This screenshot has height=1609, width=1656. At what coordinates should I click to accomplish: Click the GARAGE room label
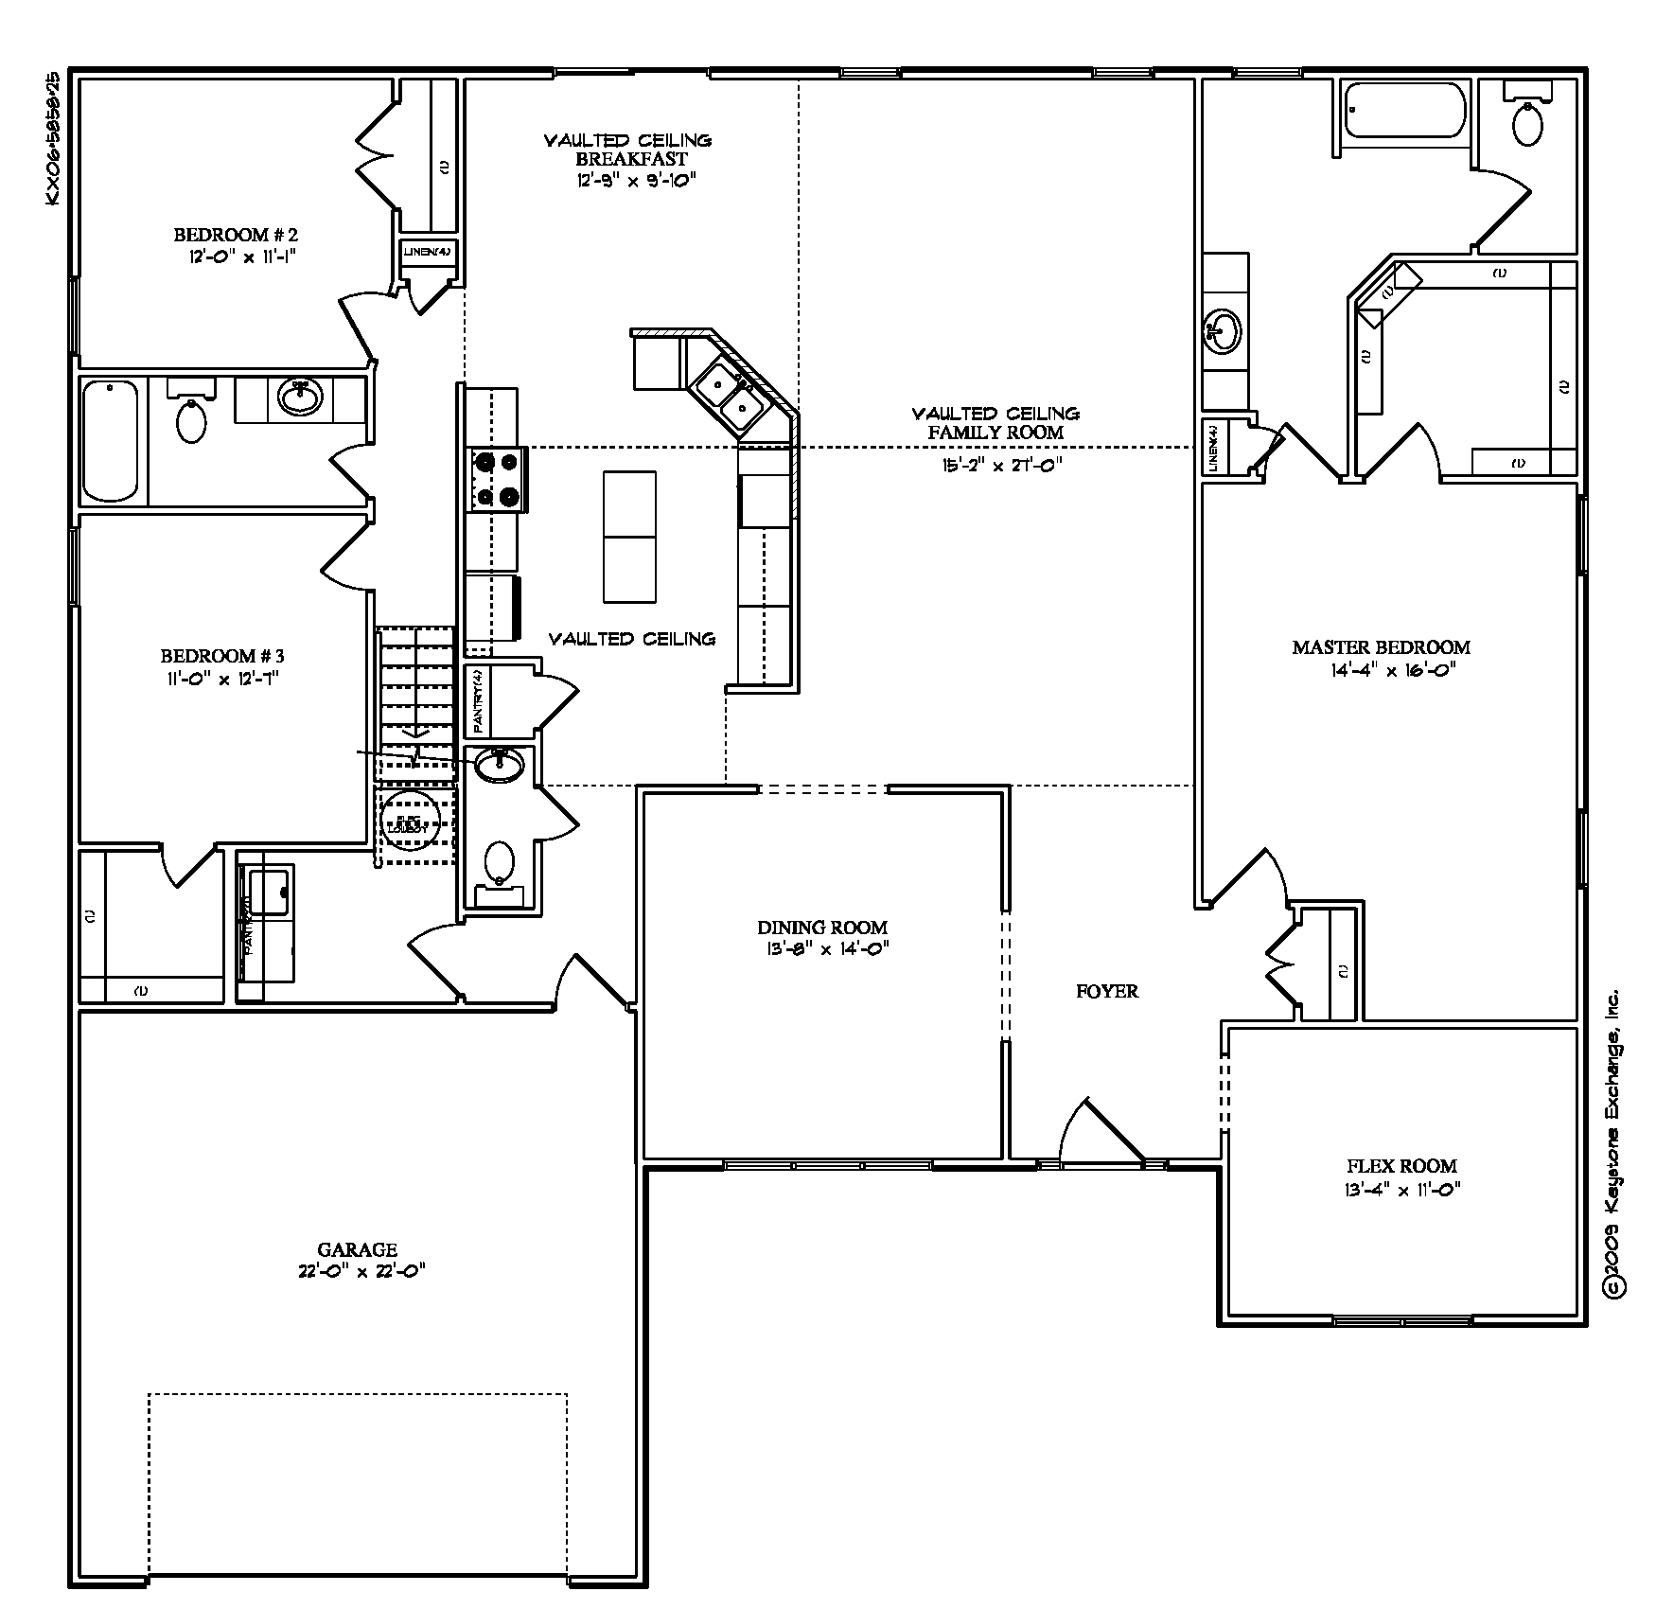[x=358, y=1249]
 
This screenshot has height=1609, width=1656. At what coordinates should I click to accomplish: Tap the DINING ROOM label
[x=822, y=928]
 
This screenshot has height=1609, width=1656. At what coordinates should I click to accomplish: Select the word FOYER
[x=1107, y=991]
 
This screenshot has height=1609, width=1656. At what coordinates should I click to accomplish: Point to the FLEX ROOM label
[x=1401, y=1166]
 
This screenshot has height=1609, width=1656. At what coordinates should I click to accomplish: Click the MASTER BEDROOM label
[x=1381, y=647]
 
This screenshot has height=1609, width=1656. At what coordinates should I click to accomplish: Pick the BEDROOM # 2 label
[x=237, y=235]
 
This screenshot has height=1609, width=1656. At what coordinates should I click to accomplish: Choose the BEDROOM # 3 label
[x=222, y=655]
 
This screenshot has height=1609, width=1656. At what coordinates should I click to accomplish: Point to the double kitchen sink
[x=730, y=396]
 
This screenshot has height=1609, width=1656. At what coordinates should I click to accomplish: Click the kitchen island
[x=629, y=537]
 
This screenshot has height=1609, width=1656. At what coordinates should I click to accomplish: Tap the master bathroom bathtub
[x=1404, y=112]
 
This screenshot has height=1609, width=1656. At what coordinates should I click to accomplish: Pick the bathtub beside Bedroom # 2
[x=112, y=439]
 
